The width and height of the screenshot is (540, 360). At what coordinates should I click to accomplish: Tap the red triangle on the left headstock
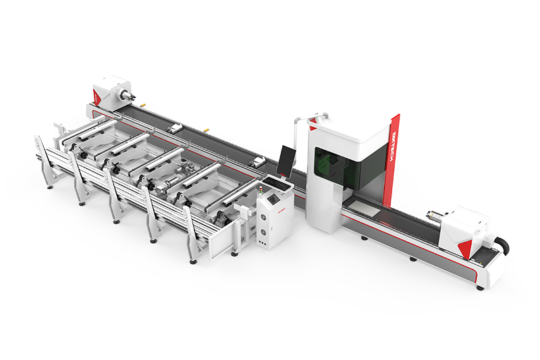97,98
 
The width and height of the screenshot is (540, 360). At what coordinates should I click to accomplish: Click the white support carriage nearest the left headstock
175,128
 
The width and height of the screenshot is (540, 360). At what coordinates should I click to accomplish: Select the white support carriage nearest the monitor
258,161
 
